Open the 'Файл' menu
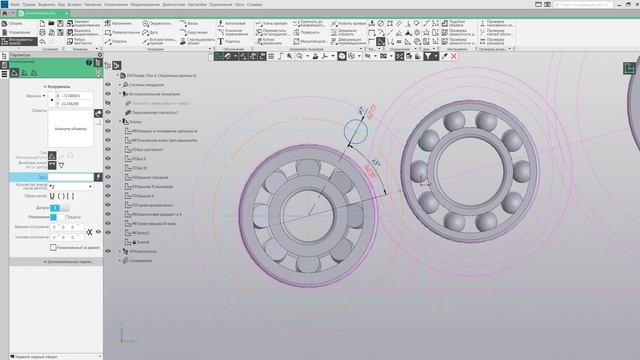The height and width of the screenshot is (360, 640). tap(15, 4)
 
